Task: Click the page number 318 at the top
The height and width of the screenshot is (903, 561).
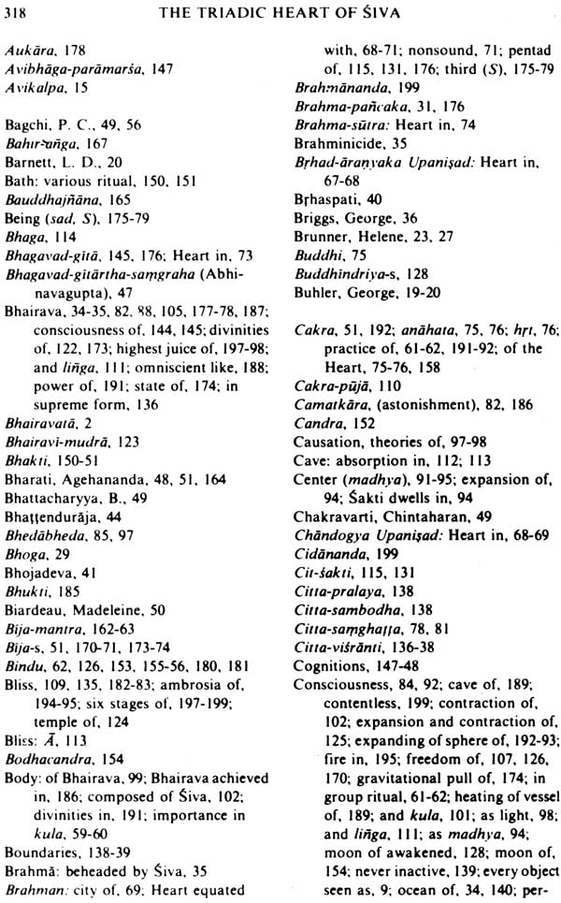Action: tap(20, 11)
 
